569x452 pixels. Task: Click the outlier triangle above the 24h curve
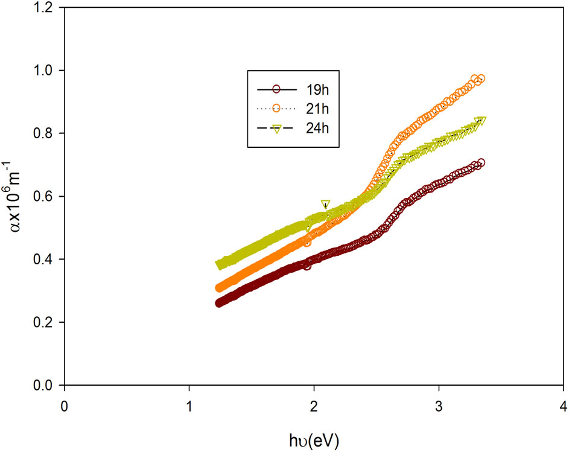[x=326, y=204]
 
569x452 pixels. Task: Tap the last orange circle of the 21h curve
[x=481, y=79]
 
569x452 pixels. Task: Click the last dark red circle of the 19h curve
[x=481, y=162]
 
